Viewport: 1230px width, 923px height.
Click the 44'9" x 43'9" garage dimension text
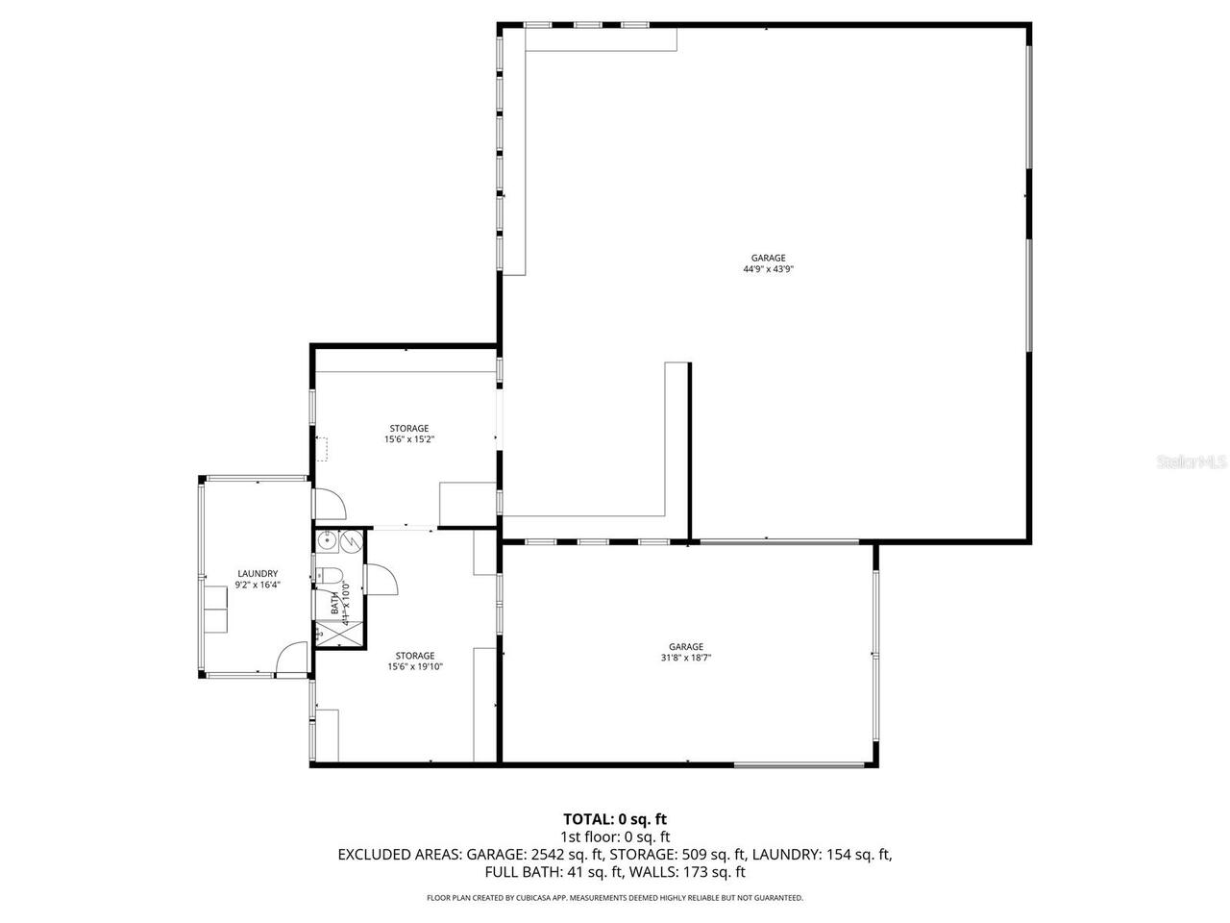point(768,269)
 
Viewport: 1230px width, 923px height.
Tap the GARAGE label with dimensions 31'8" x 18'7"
point(686,647)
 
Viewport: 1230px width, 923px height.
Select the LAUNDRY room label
point(257,573)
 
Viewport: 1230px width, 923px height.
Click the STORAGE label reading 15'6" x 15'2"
point(408,428)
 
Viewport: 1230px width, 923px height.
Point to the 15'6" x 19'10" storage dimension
point(415,666)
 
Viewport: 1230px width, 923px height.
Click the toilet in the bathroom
point(331,576)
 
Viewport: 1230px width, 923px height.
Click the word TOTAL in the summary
point(588,819)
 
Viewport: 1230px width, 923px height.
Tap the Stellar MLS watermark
point(1192,461)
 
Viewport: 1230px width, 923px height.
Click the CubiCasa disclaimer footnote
point(615,897)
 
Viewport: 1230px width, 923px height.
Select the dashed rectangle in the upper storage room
point(324,449)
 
